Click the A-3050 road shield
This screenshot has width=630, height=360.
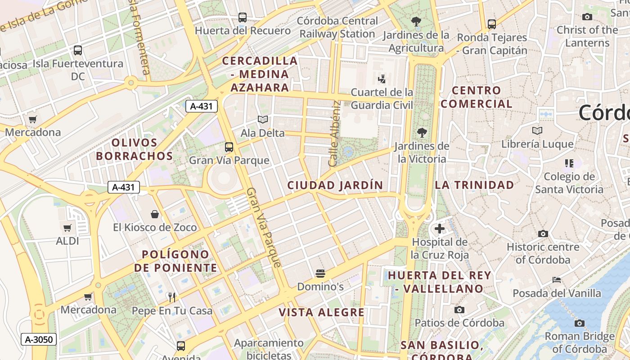tap(39, 339)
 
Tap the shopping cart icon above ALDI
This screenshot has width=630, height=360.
tap(67, 228)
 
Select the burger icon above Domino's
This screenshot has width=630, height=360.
tap(320, 273)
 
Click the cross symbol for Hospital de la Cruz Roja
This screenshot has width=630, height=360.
tap(440, 229)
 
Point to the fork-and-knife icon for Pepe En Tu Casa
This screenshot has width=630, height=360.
tap(171, 297)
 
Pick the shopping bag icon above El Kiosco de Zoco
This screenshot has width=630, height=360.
tap(155, 214)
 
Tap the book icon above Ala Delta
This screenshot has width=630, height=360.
tap(262, 120)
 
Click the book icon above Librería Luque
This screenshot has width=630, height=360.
tap(537, 130)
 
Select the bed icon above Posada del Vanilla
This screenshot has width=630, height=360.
tap(557, 280)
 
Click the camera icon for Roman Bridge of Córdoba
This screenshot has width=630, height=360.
tap(580, 323)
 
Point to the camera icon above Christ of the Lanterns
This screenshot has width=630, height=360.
tap(587, 17)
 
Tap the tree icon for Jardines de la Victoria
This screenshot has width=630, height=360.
tap(422, 133)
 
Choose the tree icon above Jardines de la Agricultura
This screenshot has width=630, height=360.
tap(416, 21)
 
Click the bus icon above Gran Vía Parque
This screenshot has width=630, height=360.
tap(229, 147)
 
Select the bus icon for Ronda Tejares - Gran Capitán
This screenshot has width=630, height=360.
tap(492, 24)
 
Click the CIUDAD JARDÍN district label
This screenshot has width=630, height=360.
tap(335, 185)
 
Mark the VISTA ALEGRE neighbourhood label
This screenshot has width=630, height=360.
tap(321, 312)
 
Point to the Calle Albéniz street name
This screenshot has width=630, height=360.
tap(333, 134)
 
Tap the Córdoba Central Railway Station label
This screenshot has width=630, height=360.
tap(337, 27)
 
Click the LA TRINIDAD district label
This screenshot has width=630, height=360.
tap(474, 185)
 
